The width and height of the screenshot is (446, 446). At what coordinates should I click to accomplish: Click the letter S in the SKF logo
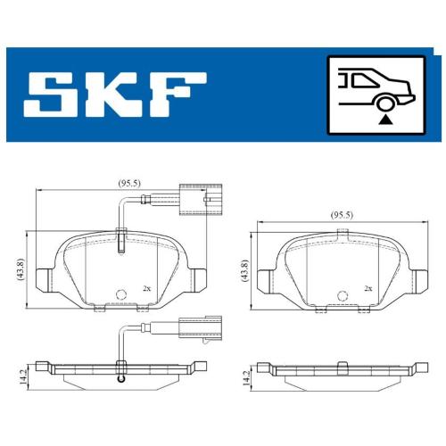(x=54, y=95)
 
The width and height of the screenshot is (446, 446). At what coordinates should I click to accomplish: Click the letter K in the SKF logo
(x=115, y=95)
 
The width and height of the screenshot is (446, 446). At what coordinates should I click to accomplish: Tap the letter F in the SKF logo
(x=178, y=95)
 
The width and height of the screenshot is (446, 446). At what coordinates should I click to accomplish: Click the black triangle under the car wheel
(x=385, y=120)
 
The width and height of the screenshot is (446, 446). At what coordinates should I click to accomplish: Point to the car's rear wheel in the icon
(x=385, y=103)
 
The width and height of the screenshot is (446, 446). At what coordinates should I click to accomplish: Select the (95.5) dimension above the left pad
(x=129, y=183)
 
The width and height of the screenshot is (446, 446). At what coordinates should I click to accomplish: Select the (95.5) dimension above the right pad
(x=342, y=215)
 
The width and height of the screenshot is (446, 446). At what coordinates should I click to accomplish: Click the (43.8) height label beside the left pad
(x=21, y=269)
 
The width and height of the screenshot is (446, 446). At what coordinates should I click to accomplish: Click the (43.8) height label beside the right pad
(x=245, y=270)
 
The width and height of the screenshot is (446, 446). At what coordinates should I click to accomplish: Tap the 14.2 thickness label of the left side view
(x=22, y=377)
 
